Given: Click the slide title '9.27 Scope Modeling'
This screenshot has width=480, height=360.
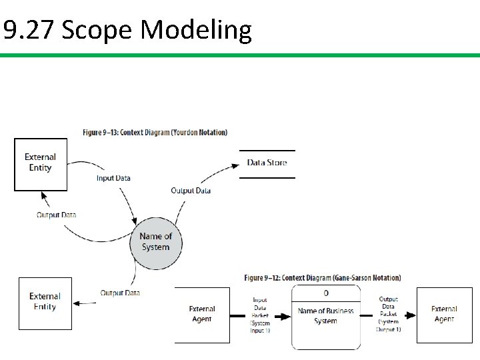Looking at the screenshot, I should point(127,30).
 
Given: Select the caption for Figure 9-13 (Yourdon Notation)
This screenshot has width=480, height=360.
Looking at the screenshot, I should point(155,132).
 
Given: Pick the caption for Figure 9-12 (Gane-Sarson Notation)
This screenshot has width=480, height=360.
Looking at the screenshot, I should point(323,277).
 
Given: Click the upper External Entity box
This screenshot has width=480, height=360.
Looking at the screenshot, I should point(41,164).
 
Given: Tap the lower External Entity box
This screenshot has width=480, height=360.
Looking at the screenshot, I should point(45,303).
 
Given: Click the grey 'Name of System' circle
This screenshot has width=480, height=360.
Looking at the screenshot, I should point(155,242).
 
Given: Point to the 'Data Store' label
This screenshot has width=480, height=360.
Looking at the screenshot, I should point(267,163).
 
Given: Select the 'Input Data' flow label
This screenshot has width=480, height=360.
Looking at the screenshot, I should point(113,178).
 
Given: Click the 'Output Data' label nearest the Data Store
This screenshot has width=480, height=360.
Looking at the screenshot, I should point(191,191).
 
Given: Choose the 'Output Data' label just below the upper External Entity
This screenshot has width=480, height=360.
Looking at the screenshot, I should point(56,215).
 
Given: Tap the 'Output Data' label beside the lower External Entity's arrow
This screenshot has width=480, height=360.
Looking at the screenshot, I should point(120,293).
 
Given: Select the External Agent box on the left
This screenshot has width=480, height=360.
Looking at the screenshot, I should point(201,315).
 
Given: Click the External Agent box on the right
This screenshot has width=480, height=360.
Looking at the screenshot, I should point(444,315).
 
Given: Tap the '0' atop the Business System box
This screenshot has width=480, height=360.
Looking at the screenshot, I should point(326,293).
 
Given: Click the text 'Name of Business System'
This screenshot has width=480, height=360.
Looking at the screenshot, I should point(326,316).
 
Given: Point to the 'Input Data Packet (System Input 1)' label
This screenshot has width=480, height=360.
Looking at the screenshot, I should point(260,315).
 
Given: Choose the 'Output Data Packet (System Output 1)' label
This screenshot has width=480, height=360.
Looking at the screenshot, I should point(389,315).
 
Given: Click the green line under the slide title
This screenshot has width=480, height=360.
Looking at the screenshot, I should point(240,55).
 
